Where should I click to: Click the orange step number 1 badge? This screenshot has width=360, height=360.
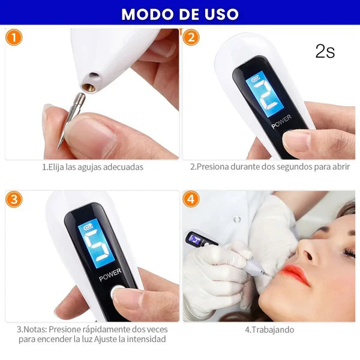click(x=14, y=37)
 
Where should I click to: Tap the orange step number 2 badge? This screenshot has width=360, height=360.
click(x=191, y=37)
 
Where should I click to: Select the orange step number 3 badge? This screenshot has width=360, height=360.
click(x=14, y=199)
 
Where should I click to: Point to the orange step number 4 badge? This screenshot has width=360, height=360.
click(x=191, y=199)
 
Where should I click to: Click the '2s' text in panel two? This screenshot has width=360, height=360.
click(x=325, y=52)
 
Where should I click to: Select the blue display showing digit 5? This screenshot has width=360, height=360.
click(x=97, y=243)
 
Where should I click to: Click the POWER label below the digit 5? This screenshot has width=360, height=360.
click(x=110, y=275)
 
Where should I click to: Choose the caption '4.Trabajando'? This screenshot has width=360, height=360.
click(x=269, y=329)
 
